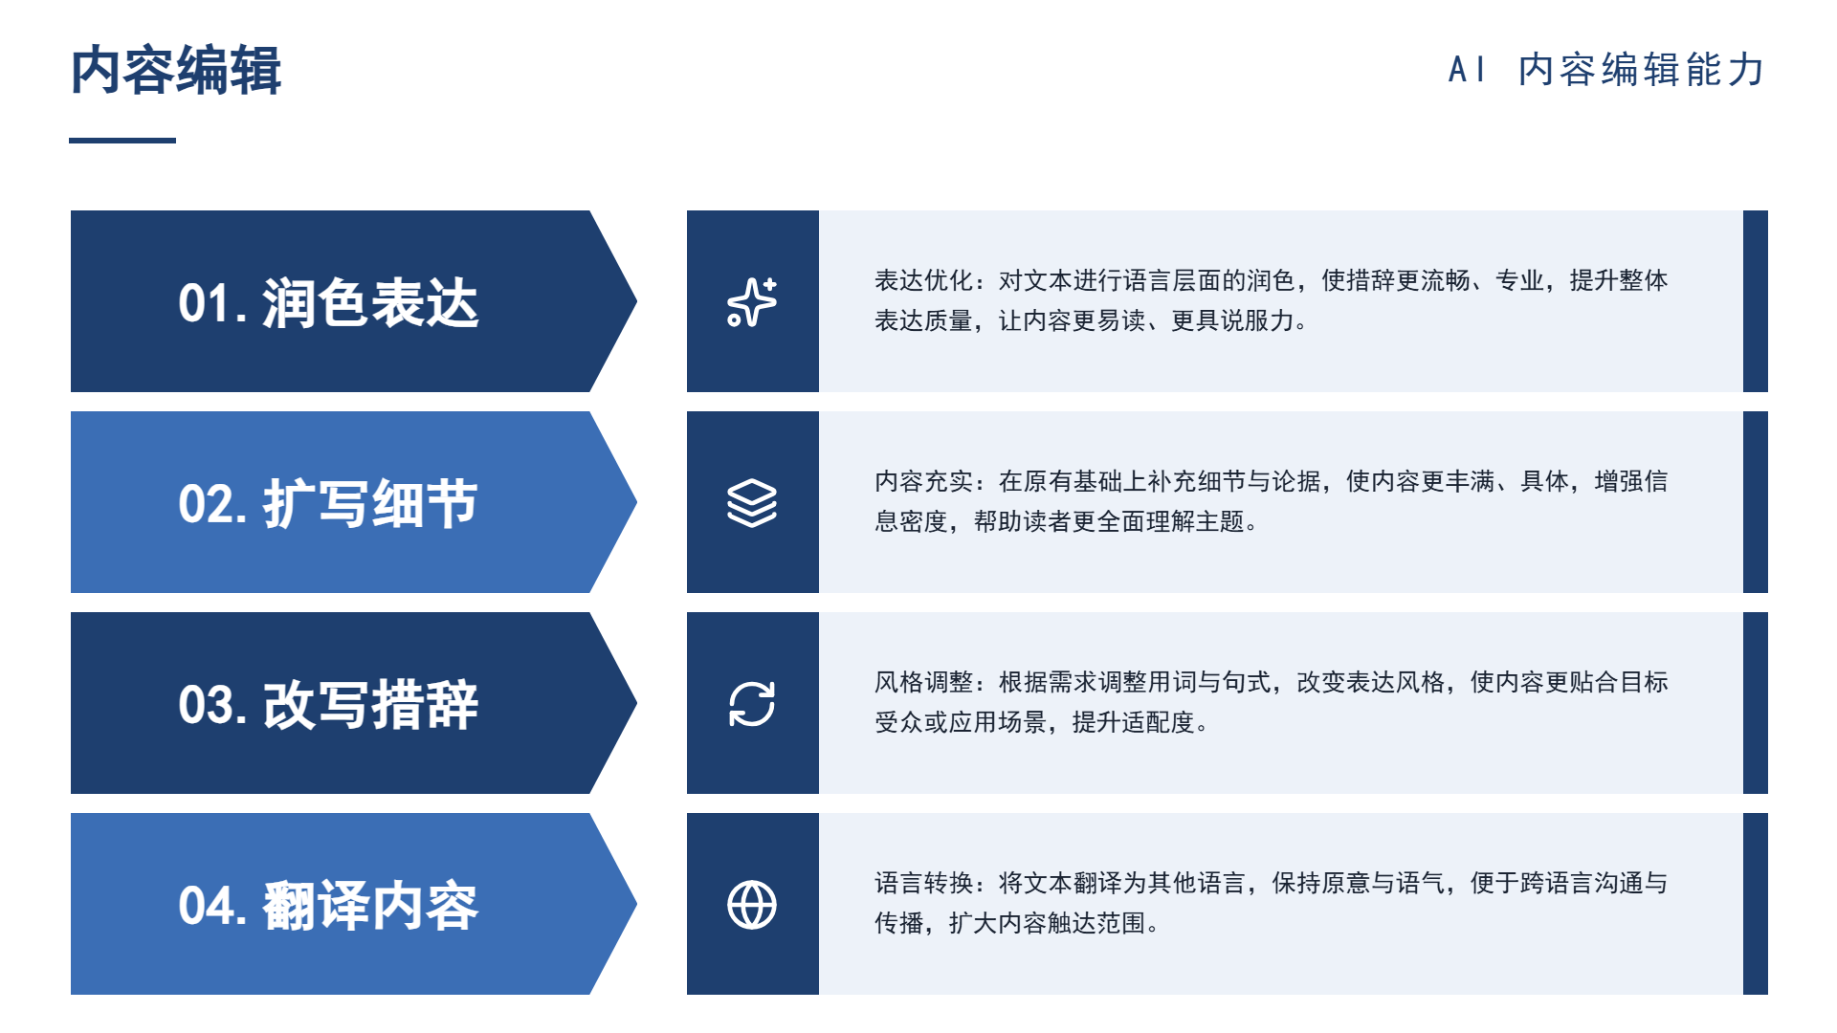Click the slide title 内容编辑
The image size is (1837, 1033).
[176, 70]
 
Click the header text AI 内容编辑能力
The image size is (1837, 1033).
[1606, 70]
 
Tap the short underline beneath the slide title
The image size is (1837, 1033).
[122, 141]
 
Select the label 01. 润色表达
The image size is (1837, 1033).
[328, 303]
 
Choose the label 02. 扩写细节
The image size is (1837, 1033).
[328, 504]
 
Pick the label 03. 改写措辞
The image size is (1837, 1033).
[328, 705]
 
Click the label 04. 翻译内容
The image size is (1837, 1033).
[328, 906]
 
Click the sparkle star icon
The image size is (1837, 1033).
[752, 302]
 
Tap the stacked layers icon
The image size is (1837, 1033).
[752, 503]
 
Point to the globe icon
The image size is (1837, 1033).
[752, 905]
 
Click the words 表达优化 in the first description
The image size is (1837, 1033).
[923, 280]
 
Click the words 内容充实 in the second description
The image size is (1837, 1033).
[923, 481]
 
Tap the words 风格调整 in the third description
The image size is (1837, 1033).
[923, 682]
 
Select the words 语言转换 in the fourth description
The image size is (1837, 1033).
[923, 883]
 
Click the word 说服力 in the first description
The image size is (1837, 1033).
[1257, 320]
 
